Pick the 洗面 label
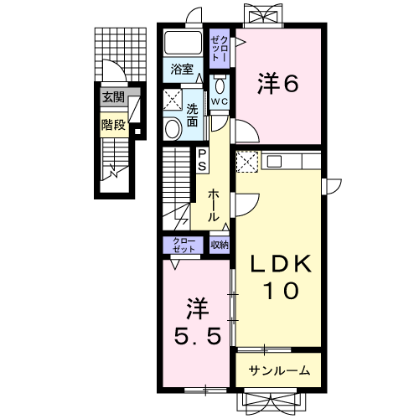pyautogui.click(x=192, y=115)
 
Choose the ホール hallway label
pyautogui.click(x=214, y=204)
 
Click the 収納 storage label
pyautogui.click(x=220, y=245)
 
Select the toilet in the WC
pyautogui.click(x=220, y=85)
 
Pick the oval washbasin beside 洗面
pyautogui.click(x=173, y=128)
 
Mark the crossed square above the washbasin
pyautogui.click(x=173, y=100)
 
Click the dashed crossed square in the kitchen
pyautogui.click(x=246, y=162)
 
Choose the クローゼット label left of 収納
pyautogui.click(x=184, y=245)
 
